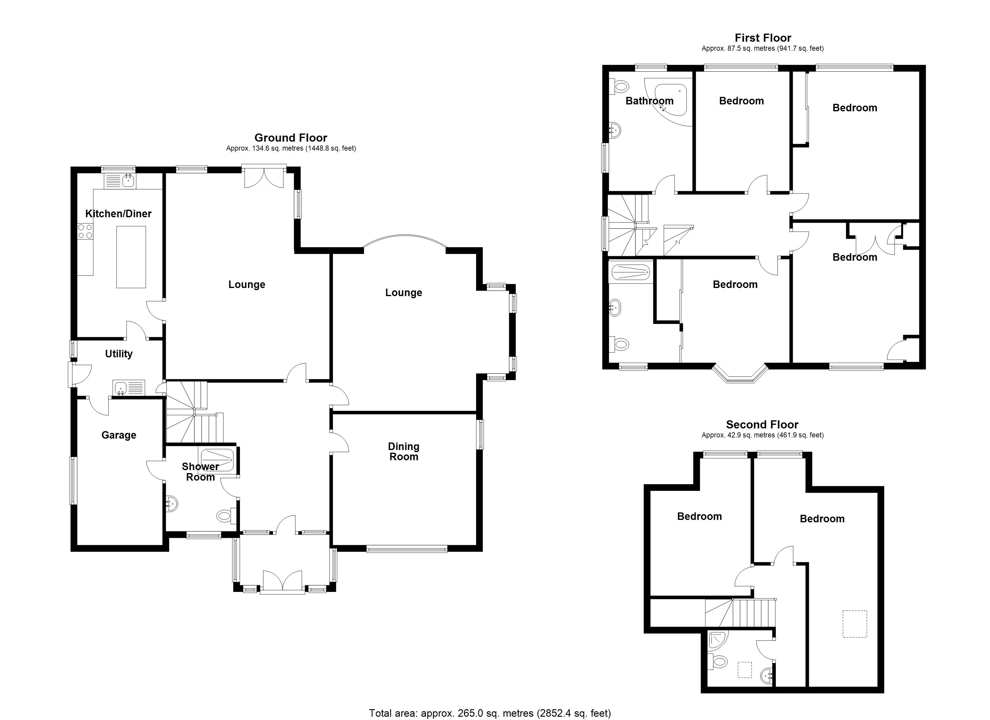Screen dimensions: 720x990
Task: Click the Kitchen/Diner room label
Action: click(118, 214)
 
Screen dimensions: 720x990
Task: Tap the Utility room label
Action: click(119, 354)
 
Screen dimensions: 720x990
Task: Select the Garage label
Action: click(119, 435)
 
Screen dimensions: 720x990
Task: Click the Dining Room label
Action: click(404, 451)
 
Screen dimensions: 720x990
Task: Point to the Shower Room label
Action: click(200, 472)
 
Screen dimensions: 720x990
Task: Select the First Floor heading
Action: click(763, 38)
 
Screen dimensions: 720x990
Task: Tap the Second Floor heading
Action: click(762, 424)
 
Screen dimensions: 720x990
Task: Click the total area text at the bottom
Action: click(490, 713)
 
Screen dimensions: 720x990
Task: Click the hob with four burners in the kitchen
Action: click(85, 231)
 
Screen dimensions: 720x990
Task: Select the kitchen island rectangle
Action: click(131, 257)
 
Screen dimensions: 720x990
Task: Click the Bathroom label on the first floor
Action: click(649, 101)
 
